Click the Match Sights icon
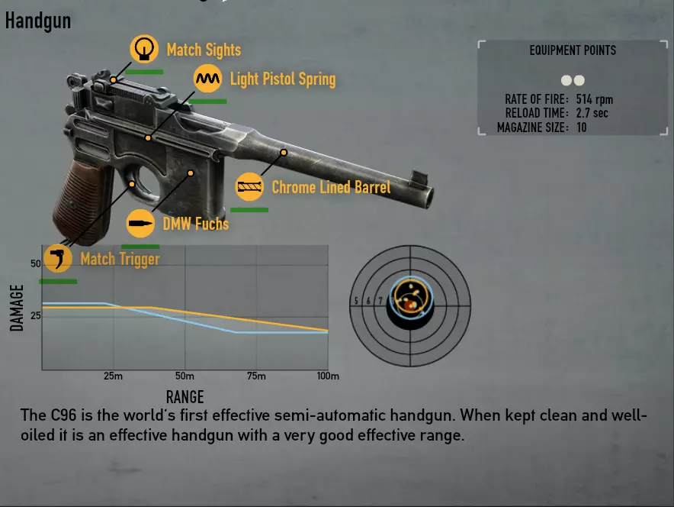[143, 50]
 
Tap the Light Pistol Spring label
[282, 79]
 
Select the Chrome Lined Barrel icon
[250, 186]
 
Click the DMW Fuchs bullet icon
[140, 223]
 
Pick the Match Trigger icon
[57, 258]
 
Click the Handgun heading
[38, 21]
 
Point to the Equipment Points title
[573, 50]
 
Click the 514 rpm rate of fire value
[595, 99]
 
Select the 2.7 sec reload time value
[592, 113]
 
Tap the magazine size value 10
[582, 128]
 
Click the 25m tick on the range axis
[112, 376]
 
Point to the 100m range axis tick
[328, 376]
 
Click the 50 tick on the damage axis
[35, 264]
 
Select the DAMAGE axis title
[18, 307]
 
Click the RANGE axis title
[185, 396]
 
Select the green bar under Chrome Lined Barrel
[249, 209]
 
